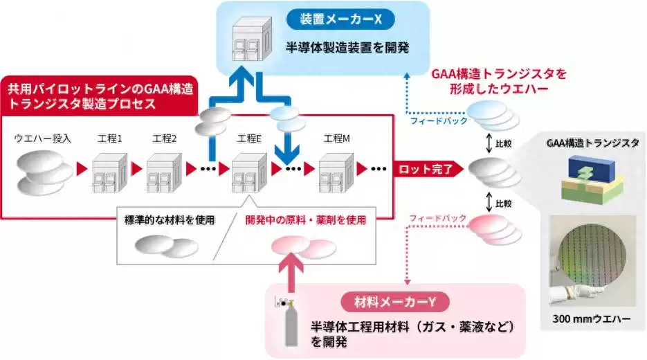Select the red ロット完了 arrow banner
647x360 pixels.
pos(425,168)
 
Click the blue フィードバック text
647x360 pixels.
pos(437,121)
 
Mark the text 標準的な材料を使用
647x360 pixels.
pos(166,220)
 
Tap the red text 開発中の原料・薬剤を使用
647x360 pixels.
pos(304,220)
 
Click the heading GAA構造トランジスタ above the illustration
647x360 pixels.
pos(592,143)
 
